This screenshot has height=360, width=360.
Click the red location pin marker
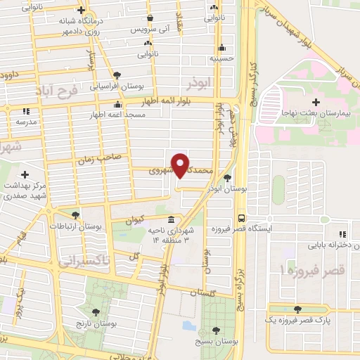pyautogui.click(x=181, y=164)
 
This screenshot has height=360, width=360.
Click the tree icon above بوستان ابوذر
pyautogui.click(x=226, y=178)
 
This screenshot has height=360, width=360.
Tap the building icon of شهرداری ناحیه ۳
pyautogui.click(x=172, y=219)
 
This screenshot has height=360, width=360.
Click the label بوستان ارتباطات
pyautogui.click(x=76, y=226)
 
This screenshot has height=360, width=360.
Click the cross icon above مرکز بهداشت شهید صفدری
pyautogui.click(x=25, y=174)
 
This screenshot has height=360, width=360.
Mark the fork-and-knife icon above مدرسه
pyautogui.click(x=25, y=111)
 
